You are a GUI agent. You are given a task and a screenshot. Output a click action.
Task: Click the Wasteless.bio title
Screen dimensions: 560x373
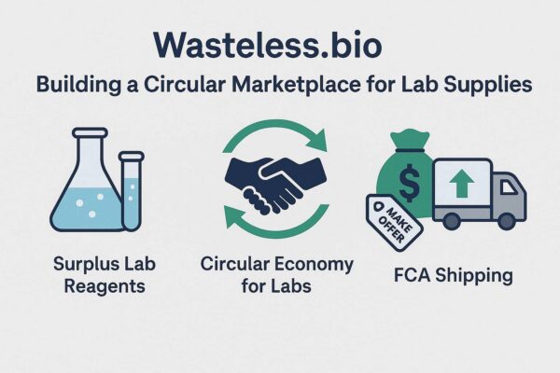[x=268, y=46]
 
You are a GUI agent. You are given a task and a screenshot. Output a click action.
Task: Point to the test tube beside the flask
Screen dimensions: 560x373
[x=132, y=190]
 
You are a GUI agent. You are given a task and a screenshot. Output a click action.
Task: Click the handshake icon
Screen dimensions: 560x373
[x=276, y=183]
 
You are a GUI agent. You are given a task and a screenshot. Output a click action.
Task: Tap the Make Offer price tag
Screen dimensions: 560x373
[x=394, y=222]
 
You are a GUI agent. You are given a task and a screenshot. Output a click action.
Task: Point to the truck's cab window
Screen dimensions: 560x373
[x=508, y=186]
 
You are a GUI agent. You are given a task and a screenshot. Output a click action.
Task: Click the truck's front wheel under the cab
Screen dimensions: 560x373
[x=506, y=221]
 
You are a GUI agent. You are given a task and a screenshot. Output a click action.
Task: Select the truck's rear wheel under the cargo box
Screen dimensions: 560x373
[x=452, y=221]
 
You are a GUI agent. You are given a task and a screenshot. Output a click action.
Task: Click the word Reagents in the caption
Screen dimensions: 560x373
[x=105, y=287]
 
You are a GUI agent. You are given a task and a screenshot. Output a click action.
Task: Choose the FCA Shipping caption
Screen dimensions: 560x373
[x=454, y=276]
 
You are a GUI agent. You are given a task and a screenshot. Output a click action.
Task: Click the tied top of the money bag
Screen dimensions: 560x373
[x=410, y=141]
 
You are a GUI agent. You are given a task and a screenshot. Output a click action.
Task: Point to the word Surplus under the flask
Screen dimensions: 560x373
[x=80, y=265]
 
